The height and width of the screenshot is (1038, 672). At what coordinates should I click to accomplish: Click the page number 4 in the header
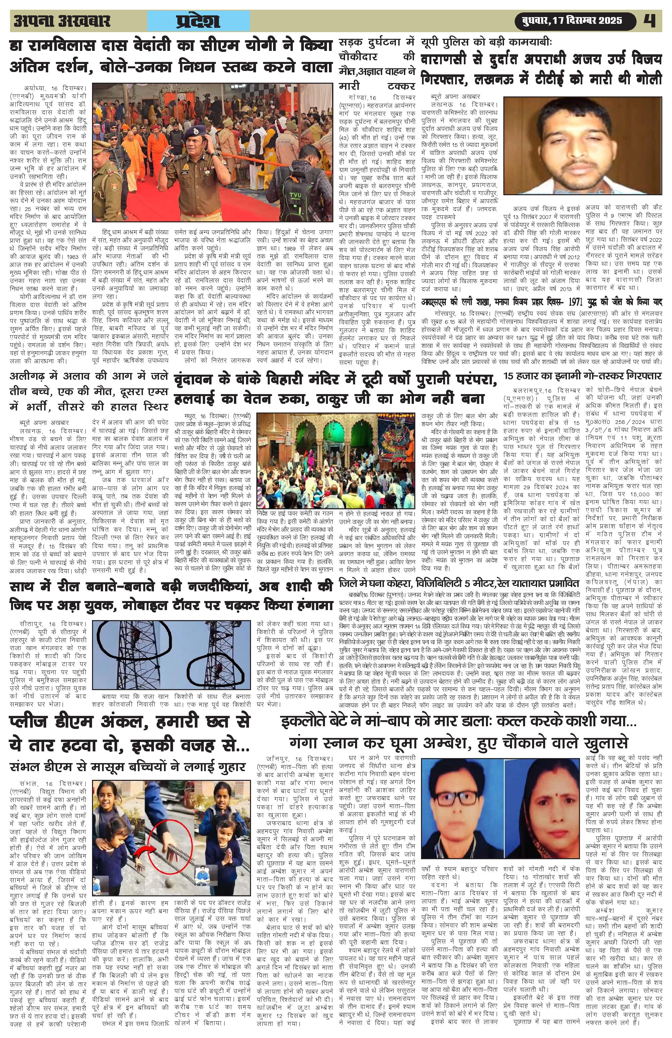click(x=652, y=21)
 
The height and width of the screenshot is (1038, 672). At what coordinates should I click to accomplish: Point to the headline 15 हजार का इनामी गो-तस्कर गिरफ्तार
click(x=582, y=376)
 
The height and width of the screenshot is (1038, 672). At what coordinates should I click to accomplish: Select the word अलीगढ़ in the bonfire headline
click(x=30, y=377)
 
